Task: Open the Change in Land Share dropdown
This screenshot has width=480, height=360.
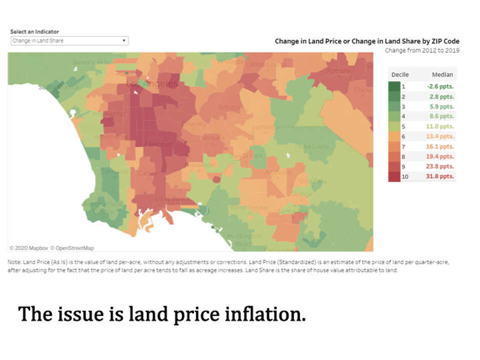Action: [x=69, y=41]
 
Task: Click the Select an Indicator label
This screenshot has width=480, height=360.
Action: [x=34, y=32]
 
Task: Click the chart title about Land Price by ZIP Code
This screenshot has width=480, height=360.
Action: [x=367, y=41]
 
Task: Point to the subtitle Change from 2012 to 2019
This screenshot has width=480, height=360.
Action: [x=422, y=50]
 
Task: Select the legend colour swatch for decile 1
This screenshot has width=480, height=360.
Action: [x=394, y=87]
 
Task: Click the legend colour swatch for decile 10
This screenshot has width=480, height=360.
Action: [x=394, y=176]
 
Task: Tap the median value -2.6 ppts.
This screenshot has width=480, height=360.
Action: [x=441, y=87]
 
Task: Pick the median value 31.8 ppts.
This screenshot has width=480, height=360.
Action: [x=441, y=176]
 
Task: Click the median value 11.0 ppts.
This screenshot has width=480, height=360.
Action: [x=441, y=127]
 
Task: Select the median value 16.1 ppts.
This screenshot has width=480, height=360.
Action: [x=441, y=147]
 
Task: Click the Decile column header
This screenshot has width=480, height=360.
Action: [x=400, y=74]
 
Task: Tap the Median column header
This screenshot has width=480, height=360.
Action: [x=442, y=74]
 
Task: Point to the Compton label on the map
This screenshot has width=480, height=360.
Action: [x=157, y=145]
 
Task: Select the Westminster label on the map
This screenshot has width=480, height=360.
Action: [x=250, y=208]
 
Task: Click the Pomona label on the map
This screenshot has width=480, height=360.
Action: [x=339, y=70]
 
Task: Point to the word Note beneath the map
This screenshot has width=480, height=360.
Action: [x=14, y=262]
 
